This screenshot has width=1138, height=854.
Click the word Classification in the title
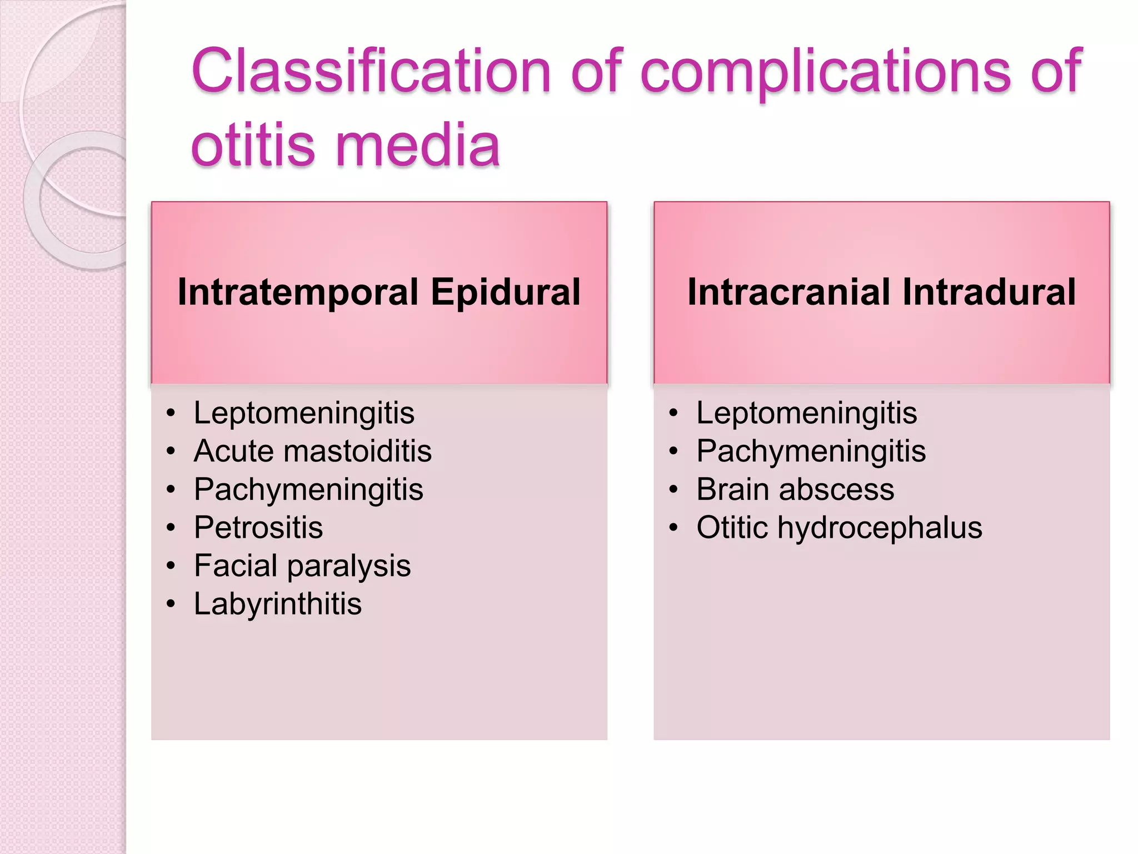371,71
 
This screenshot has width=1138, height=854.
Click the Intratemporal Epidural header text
379,292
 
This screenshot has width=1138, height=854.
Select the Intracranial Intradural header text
881,292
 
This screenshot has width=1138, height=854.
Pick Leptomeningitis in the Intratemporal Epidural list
304,413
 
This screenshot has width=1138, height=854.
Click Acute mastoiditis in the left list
312,451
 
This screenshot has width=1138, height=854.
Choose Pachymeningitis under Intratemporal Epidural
308,489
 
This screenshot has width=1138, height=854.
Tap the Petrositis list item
258,527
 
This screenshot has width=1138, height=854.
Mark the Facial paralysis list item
302,565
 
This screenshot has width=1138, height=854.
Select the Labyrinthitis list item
278,604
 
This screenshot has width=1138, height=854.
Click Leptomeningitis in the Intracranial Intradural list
806,413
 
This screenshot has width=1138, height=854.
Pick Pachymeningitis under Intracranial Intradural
811,451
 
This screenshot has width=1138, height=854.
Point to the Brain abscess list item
795,489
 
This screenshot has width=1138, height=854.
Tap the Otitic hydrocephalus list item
839,527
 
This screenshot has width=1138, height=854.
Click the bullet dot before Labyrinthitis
171,604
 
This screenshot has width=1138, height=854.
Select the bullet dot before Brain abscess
673,489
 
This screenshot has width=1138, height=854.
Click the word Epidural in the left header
505,292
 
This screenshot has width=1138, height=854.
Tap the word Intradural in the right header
989,292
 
